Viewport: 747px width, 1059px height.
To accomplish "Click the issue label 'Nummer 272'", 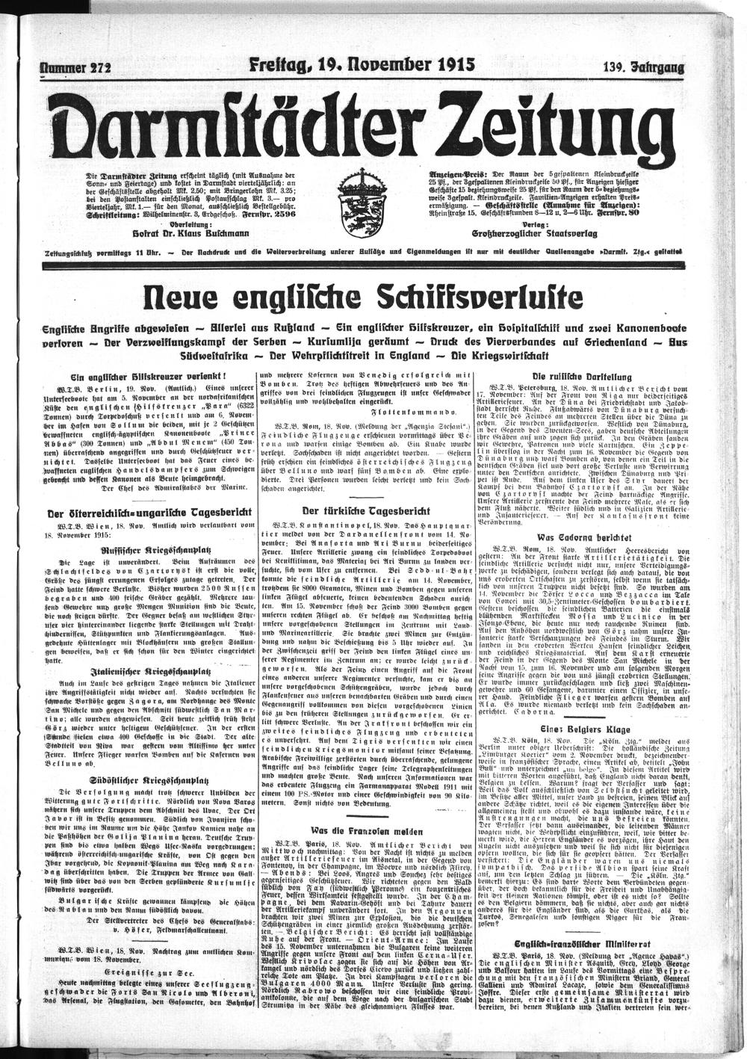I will (x=77, y=66).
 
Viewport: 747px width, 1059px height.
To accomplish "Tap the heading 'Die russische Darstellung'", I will (x=580, y=377).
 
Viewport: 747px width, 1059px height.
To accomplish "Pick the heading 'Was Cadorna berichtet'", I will (x=580, y=537).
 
